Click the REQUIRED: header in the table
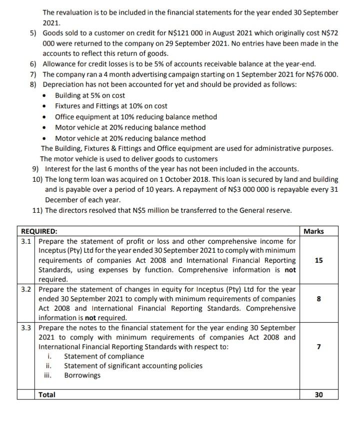point(38,231)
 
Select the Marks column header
point(313,231)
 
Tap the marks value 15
point(319,260)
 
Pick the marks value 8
point(319,299)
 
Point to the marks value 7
point(319,347)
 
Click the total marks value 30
point(319,395)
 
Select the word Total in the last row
point(47,395)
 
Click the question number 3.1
point(26,241)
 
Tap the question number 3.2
point(26,289)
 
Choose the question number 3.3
point(26,328)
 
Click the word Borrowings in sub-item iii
point(82,376)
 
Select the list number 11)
point(37,210)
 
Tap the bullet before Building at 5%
point(46,95)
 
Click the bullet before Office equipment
point(46,117)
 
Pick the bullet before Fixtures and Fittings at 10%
point(46,106)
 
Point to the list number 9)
point(35,169)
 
